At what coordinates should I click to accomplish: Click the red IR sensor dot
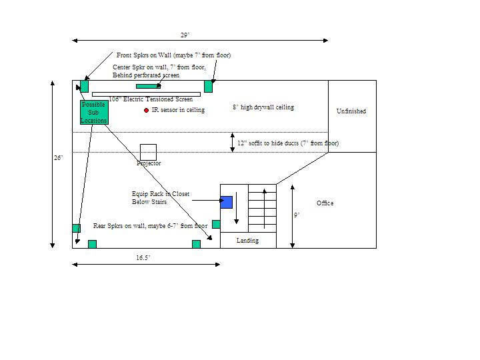click(146, 110)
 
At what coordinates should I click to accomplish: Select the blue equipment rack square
click(227, 203)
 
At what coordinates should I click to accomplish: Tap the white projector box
click(148, 152)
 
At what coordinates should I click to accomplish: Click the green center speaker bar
click(149, 86)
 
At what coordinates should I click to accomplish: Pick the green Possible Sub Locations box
click(94, 113)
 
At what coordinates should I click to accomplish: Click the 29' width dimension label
click(185, 35)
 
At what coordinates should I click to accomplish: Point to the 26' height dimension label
click(58, 158)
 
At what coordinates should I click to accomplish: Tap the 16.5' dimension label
click(143, 258)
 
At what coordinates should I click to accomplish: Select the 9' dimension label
click(297, 215)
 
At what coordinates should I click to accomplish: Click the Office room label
click(325, 203)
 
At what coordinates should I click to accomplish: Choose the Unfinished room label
click(351, 111)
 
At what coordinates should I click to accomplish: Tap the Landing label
click(247, 241)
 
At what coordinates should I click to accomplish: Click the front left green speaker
click(84, 86)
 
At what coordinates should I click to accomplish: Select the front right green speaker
click(208, 86)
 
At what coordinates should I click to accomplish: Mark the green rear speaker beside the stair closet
click(216, 225)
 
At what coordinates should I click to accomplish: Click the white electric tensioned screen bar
click(146, 94)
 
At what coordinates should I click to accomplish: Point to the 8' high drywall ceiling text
click(263, 107)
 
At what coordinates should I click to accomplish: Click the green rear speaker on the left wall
click(76, 228)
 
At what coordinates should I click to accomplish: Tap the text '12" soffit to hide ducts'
click(268, 143)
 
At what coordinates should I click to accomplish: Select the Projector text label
click(149, 163)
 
